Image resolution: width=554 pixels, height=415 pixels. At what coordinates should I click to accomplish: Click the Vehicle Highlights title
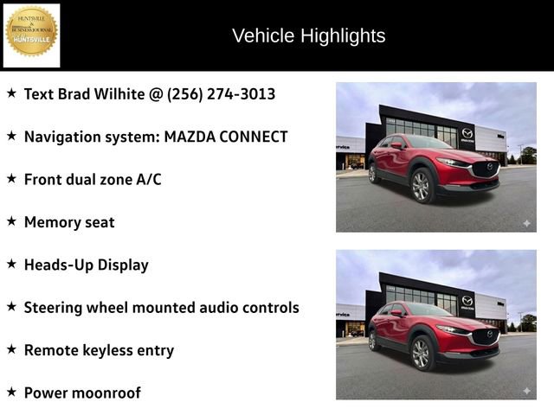[308, 35]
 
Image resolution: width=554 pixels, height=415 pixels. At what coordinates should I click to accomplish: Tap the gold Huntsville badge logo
[32, 33]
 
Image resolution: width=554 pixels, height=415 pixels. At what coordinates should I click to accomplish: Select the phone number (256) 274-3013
[221, 93]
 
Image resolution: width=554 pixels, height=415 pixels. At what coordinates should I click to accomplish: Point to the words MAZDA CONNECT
[226, 137]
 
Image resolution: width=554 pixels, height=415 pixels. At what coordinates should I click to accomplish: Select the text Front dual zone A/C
[93, 179]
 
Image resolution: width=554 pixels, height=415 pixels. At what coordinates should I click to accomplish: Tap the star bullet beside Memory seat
[11, 221]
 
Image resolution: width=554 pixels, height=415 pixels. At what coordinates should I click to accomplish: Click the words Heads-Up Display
[86, 265]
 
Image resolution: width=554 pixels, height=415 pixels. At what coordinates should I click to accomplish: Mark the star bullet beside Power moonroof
[11, 392]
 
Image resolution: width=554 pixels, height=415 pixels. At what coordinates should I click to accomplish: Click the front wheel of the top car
[421, 186]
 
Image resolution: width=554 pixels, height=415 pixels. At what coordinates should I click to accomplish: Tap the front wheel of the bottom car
[421, 353]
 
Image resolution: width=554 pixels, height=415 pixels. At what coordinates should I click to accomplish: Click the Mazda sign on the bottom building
[467, 301]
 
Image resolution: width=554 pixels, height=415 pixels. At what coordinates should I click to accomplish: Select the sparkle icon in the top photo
[525, 223]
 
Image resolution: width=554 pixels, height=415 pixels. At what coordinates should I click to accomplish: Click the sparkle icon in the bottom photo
[525, 391]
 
